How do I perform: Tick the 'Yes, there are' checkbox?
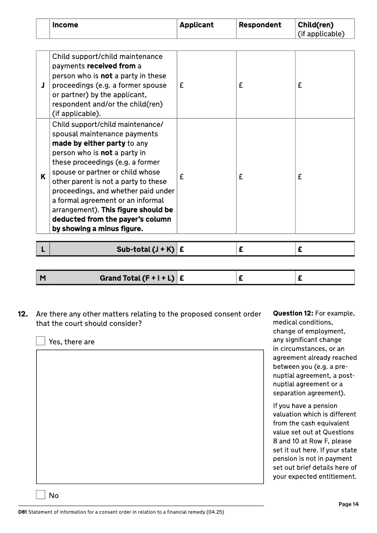[x=41, y=341]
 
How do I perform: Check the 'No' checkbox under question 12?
[x=41, y=495]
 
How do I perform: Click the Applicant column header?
[x=197, y=25]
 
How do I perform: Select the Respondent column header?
[x=260, y=25]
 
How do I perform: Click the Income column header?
[x=65, y=25]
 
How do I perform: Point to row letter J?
[x=43, y=85]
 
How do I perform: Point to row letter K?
[x=43, y=177]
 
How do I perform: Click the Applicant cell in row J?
[x=206, y=85]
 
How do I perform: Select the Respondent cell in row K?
[x=265, y=177]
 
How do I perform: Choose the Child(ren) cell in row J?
[x=325, y=85]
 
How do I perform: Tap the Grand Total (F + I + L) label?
[x=137, y=278]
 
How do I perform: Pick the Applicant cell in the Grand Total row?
[x=206, y=278]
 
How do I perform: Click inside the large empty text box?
[x=150, y=416]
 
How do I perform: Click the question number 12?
[x=23, y=314]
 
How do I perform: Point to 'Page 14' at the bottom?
[x=348, y=504]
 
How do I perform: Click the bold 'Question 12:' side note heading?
[x=293, y=314]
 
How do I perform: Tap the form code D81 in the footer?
[x=22, y=512]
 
